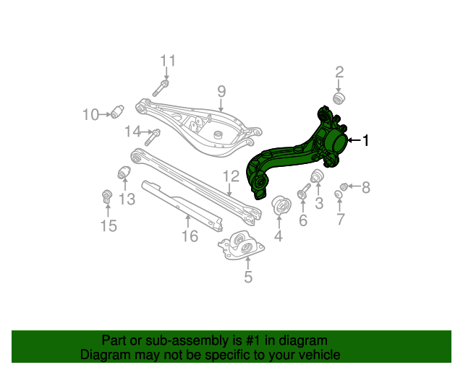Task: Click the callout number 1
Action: pos(366,141)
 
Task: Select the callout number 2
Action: pos(339,72)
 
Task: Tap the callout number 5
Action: pos(247,276)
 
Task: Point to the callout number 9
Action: pos(221,91)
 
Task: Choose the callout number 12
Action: pos(230,176)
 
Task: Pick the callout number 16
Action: pos(189,236)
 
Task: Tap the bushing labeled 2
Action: pos(338,98)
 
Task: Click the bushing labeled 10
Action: pos(119,112)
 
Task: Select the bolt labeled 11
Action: pos(161,89)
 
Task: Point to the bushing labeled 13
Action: pos(124,174)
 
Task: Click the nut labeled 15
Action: pos(107,195)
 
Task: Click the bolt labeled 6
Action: pos(304,192)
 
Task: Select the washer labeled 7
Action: pos(339,194)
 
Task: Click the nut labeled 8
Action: pos(345,187)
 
